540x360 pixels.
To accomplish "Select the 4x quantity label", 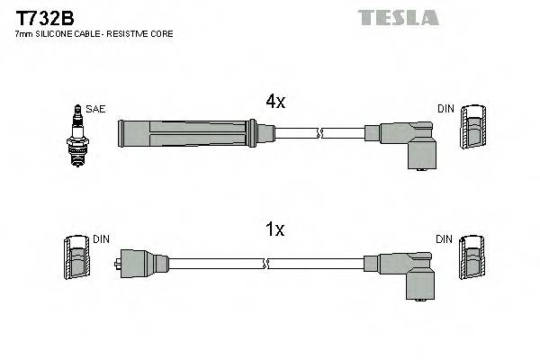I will [275, 103].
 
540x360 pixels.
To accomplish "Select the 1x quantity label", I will [275, 230].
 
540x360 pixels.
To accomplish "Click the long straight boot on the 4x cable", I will [193, 133].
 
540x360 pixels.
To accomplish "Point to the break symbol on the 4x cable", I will [319, 134].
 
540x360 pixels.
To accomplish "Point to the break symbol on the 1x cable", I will [265, 263].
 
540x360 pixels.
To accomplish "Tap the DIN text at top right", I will [445, 109].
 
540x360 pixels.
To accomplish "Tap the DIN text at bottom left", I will [101, 238].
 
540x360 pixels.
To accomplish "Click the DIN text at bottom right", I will [445, 238].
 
